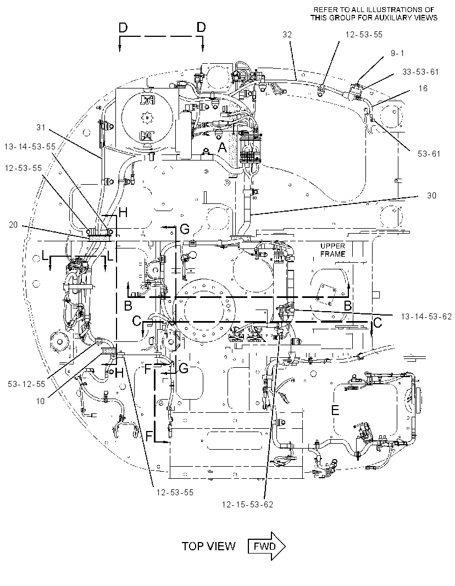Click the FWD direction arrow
[x=267, y=546]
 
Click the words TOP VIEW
[x=208, y=546]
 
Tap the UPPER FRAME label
[x=332, y=250]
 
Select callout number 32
[x=287, y=35]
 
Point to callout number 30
[x=431, y=196]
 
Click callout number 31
[x=41, y=128]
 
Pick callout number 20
[x=13, y=225]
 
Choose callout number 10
[x=40, y=401]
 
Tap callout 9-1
[x=397, y=53]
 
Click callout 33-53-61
[x=420, y=72]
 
